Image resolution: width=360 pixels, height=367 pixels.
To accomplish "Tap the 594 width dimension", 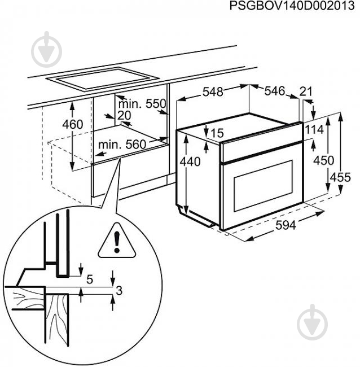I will coord(286,225).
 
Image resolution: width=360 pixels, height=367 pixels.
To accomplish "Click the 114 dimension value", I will coord(314,129).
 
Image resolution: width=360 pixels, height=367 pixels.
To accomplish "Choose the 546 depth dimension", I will coord(275,90).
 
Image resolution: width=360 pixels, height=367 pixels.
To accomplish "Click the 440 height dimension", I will coord(191,162).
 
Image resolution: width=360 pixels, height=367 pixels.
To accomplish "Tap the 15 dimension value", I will coord(217,133).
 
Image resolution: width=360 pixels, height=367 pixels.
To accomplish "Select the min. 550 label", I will coord(143,103).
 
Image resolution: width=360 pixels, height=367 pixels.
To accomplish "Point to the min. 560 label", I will coord(122,145).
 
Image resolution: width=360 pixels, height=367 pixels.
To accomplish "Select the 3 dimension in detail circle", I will coord(119,291).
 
